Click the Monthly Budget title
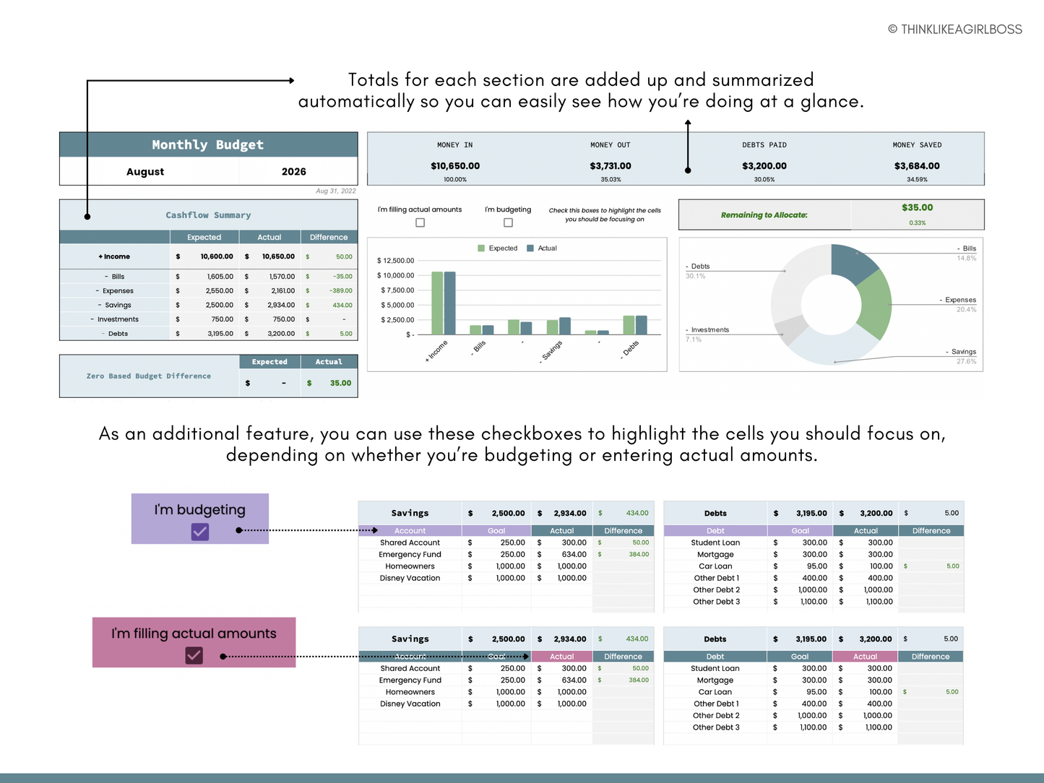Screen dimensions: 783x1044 208,144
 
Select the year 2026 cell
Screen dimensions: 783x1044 293,172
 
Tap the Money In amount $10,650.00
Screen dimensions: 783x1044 455,166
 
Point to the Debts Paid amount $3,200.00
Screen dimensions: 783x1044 764,166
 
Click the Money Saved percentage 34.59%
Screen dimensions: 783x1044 917,179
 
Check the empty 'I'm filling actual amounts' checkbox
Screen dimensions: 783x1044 420,222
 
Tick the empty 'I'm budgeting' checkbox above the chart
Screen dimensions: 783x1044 508,222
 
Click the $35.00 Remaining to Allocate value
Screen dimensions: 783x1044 917,208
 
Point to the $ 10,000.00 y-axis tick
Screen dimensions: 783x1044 396,276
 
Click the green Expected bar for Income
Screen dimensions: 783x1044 437,303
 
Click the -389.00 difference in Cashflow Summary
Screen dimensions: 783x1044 340,291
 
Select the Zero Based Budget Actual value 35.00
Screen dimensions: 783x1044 340,384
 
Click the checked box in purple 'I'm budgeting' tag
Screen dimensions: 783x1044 200,532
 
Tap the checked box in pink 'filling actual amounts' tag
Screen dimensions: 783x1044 194,655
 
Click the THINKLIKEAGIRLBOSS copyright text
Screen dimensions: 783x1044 954,30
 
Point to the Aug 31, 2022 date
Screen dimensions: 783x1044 336,191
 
